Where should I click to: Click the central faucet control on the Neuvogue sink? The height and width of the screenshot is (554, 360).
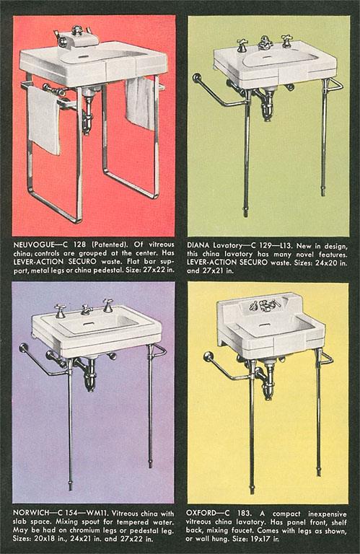[x=76, y=34]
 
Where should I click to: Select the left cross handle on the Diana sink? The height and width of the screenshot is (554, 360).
[x=241, y=45]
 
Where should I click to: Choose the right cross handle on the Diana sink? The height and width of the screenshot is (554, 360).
[x=287, y=40]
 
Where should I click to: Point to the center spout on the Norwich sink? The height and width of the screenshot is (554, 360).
[x=85, y=309]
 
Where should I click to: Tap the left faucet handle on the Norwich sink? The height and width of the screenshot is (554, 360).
[x=60, y=310]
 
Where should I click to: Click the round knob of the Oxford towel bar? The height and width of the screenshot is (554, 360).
[x=208, y=356]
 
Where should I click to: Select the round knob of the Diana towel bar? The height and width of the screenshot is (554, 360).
[x=196, y=76]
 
